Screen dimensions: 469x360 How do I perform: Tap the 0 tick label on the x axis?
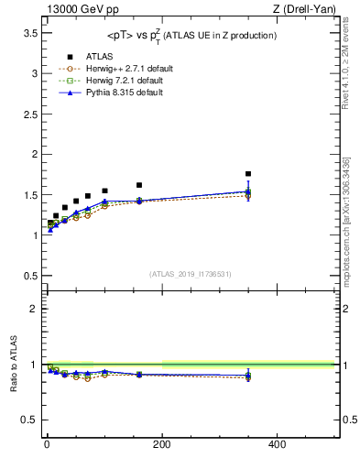pos(47,444)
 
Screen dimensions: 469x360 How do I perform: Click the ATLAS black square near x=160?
pos(139,185)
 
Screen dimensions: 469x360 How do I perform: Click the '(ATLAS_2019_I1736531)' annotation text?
pos(191,274)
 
